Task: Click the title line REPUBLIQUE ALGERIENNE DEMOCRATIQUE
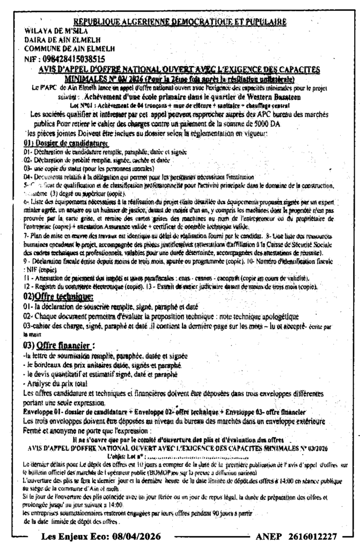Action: pyautogui.click(x=180, y=22)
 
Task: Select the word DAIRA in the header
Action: pyautogui.click(x=23, y=40)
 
